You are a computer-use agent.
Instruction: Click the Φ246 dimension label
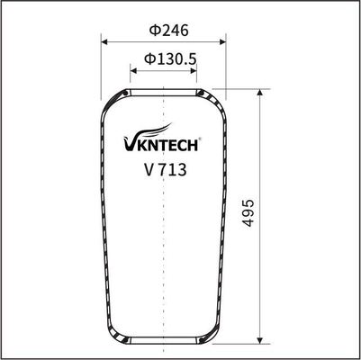click(162, 29)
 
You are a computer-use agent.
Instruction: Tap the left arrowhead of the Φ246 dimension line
click(104, 42)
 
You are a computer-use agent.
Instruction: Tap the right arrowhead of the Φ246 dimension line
click(221, 42)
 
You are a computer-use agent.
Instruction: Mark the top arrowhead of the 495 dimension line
click(261, 93)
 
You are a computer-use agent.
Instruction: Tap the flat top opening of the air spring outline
click(163, 89)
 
